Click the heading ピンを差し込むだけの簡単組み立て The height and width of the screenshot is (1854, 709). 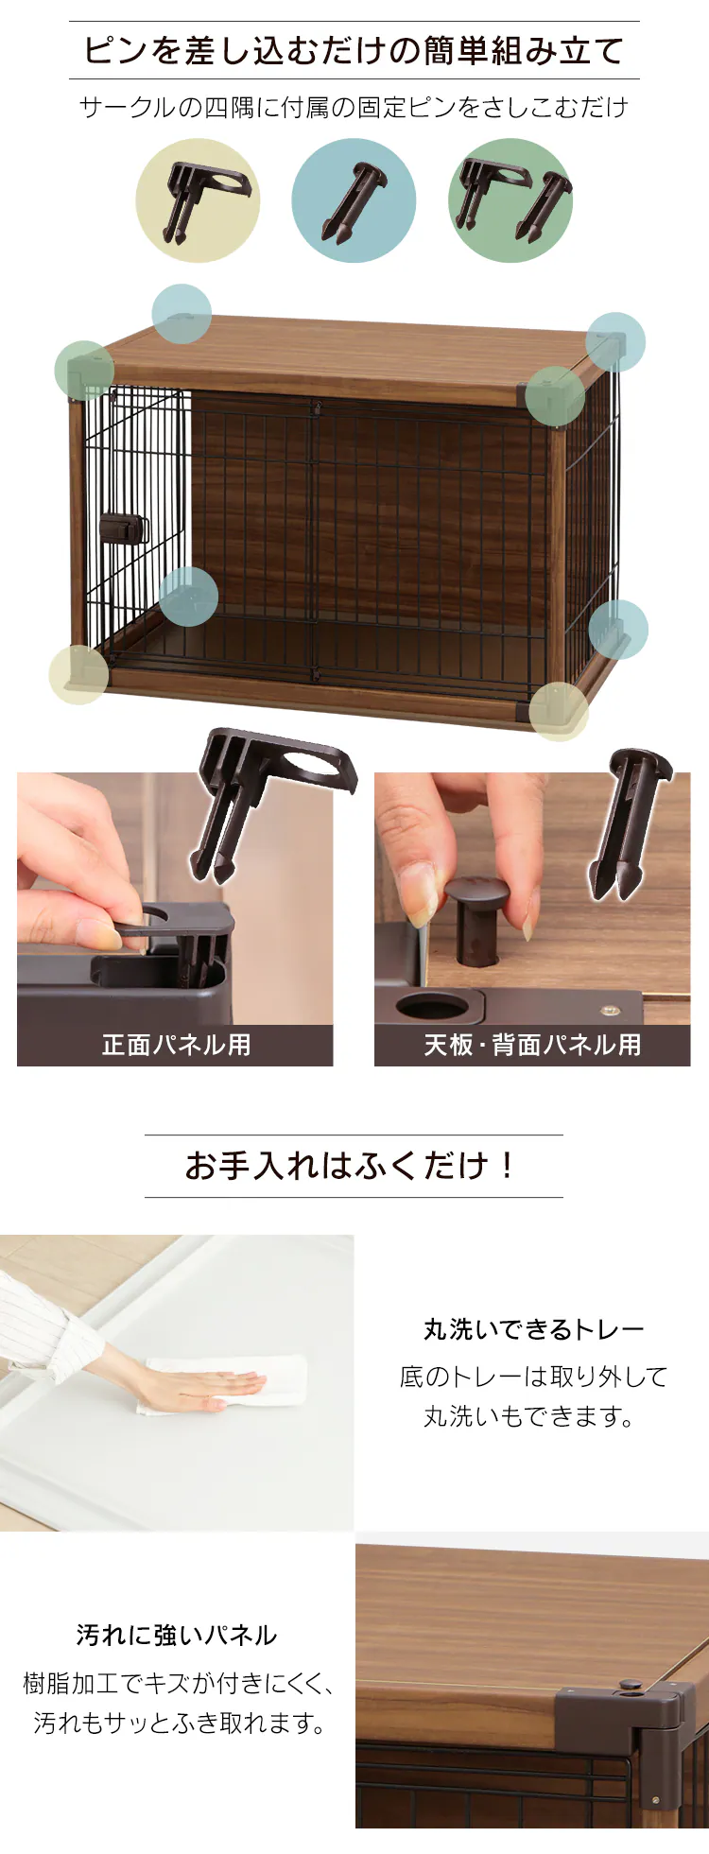click(354, 50)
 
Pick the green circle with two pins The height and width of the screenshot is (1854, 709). click(510, 200)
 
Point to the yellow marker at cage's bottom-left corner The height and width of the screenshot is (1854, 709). click(78, 674)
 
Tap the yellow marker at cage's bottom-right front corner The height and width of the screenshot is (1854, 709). click(559, 712)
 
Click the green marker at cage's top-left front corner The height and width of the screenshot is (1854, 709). click(84, 371)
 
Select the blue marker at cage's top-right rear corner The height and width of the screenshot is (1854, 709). click(615, 342)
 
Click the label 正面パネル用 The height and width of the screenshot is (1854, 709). click(176, 1045)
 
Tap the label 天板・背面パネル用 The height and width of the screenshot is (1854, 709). click(532, 1045)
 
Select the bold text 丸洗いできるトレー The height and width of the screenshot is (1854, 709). click(534, 1329)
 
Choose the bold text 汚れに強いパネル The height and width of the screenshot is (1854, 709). click(177, 1635)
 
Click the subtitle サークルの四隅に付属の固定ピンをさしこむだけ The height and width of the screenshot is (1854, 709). click(354, 108)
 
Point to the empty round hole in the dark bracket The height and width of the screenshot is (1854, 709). click(434, 1006)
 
